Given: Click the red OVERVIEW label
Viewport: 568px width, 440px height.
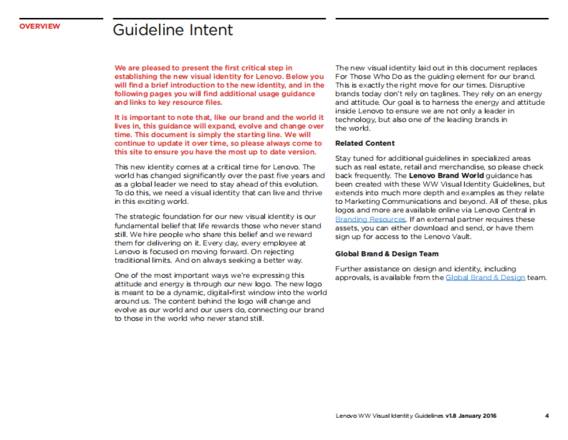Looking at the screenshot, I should pos(40,26).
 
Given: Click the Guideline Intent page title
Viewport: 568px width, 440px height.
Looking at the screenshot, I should pos(173,30).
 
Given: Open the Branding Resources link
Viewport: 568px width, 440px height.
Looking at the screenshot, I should pos(370,220).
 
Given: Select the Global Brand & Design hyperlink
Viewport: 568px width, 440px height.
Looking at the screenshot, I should pos(485,277).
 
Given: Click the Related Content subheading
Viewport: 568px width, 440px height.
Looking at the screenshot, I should pos(364,143).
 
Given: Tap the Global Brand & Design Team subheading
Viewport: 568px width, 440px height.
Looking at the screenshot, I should pos(387,254).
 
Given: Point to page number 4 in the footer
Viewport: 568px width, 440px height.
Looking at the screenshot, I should pos(547,416).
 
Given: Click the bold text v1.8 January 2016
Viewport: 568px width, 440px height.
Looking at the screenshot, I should pos(471,416).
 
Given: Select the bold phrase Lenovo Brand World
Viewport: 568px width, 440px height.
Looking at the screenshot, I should pos(446,176).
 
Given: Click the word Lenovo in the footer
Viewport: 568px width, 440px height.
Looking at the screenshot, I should pos(346,416).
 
